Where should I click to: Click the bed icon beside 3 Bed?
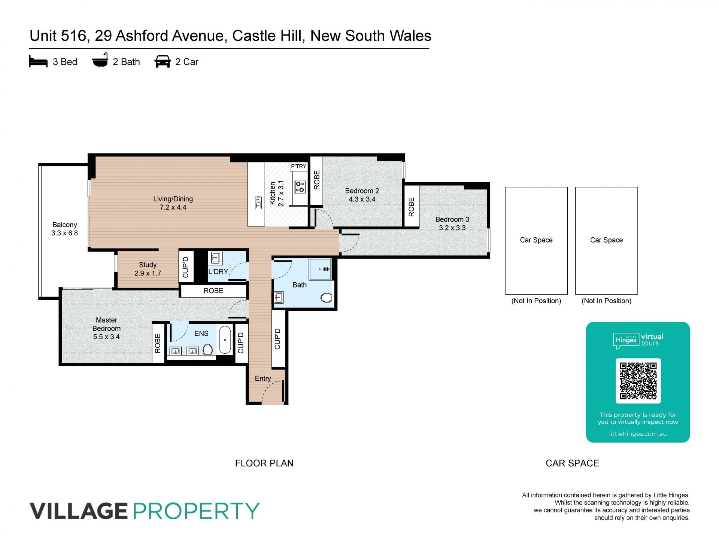38,62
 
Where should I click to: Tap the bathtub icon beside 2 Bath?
100,60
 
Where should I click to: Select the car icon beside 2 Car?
163,61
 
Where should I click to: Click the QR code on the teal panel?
638,381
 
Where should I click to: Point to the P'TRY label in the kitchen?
298,166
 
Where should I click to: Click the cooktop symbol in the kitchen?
300,187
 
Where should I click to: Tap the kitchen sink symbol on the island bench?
258,203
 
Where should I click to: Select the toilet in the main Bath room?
327,298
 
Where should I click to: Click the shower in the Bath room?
320,269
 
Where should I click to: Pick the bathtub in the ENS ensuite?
225,340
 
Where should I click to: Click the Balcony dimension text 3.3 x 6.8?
64,233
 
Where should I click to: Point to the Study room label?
148,265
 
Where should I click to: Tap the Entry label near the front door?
263,378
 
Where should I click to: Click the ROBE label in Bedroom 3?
411,207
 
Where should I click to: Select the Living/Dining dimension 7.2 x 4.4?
173,207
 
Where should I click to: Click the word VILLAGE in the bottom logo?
79,511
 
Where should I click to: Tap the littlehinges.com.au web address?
638,434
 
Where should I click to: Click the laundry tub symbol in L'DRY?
215,258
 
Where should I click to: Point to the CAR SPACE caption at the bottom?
572,463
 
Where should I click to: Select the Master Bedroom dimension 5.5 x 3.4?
106,337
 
